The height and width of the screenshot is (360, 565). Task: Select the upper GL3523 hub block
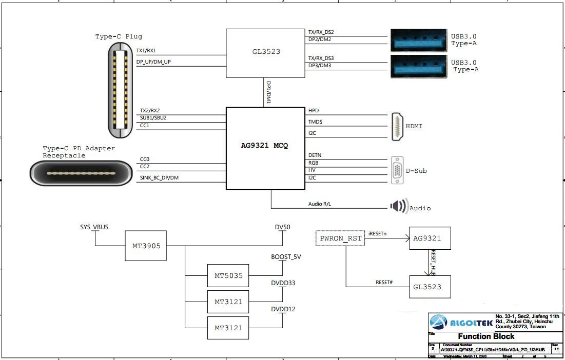pyautogui.click(x=265, y=53)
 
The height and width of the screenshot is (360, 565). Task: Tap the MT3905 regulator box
pyautogui.click(x=146, y=246)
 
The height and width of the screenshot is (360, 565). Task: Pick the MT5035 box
pyautogui.click(x=228, y=276)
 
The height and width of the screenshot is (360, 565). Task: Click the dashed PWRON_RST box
pyautogui.click(x=340, y=238)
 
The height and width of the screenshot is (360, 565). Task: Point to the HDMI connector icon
pyautogui.click(x=397, y=126)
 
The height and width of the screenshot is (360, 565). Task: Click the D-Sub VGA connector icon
pyautogui.click(x=397, y=170)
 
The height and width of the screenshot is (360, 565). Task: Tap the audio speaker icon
pyautogui.click(x=398, y=206)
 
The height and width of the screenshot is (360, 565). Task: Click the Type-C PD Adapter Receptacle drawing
pyautogui.click(x=81, y=173)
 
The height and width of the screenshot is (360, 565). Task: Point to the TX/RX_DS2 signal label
pyautogui.click(x=321, y=32)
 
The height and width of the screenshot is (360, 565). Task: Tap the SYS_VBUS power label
pyautogui.click(x=94, y=226)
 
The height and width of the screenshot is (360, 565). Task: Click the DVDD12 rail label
pyautogui.click(x=283, y=309)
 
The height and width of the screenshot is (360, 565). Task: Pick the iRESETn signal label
pyautogui.click(x=377, y=233)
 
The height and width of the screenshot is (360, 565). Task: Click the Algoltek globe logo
pyautogui.click(x=439, y=322)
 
